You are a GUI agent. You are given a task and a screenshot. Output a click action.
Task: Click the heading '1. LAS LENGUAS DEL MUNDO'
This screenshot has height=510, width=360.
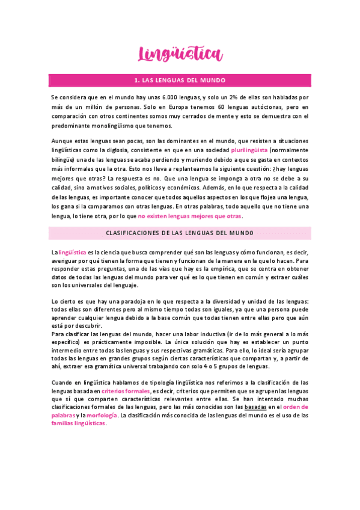coord(180,79)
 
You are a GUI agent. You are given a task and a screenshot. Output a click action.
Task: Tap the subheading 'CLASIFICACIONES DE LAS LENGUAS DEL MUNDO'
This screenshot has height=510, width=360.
coord(180,233)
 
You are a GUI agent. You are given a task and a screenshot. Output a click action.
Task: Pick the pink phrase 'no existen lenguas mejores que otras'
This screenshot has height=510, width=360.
coord(190,215)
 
